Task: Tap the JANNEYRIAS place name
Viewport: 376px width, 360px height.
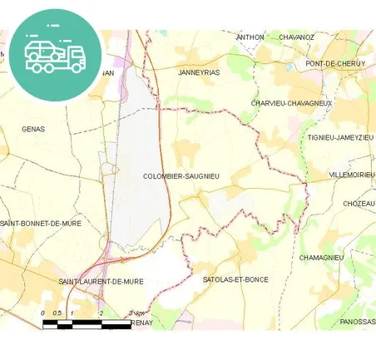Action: click(200, 72)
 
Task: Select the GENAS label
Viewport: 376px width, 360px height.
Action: click(33, 129)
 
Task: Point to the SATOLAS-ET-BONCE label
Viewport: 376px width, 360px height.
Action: click(235, 279)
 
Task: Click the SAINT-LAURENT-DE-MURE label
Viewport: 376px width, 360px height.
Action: click(101, 281)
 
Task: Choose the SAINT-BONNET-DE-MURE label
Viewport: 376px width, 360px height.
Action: click(35, 224)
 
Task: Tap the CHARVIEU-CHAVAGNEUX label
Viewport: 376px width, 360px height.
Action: click(291, 103)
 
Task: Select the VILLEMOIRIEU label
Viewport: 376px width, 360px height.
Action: click(352, 175)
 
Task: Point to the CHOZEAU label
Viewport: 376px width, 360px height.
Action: click(359, 204)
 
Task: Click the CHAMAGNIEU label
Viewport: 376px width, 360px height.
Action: click(321, 258)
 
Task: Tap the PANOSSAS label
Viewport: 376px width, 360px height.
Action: click(358, 321)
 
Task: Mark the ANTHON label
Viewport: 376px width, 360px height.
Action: click(250, 37)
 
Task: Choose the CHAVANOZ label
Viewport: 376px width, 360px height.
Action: click(297, 37)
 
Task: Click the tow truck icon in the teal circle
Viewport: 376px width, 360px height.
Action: click(55, 55)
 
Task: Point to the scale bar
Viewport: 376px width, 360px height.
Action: click(87, 323)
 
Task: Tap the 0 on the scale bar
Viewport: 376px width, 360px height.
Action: click(43, 313)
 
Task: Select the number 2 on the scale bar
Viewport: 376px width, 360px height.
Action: click(101, 313)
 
